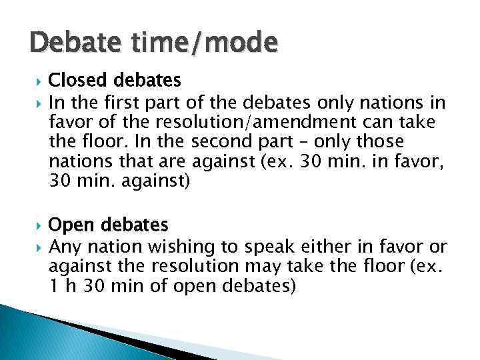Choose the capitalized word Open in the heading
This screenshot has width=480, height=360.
(x=69, y=225)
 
